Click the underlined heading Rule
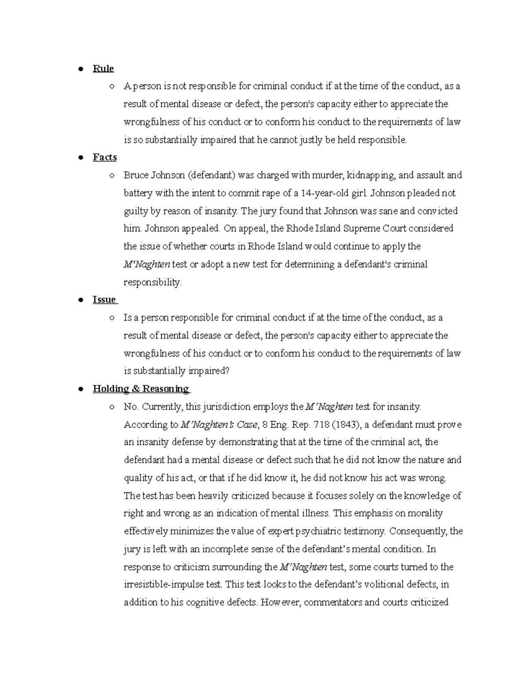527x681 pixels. (x=103, y=68)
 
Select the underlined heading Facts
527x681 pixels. (x=105, y=157)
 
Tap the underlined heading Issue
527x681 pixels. (x=105, y=299)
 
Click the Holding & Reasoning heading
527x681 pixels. (x=141, y=389)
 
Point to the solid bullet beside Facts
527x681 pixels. (x=80, y=157)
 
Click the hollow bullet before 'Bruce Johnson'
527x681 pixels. (x=112, y=175)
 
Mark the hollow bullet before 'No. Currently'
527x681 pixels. (x=112, y=407)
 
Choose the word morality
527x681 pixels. (x=426, y=513)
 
